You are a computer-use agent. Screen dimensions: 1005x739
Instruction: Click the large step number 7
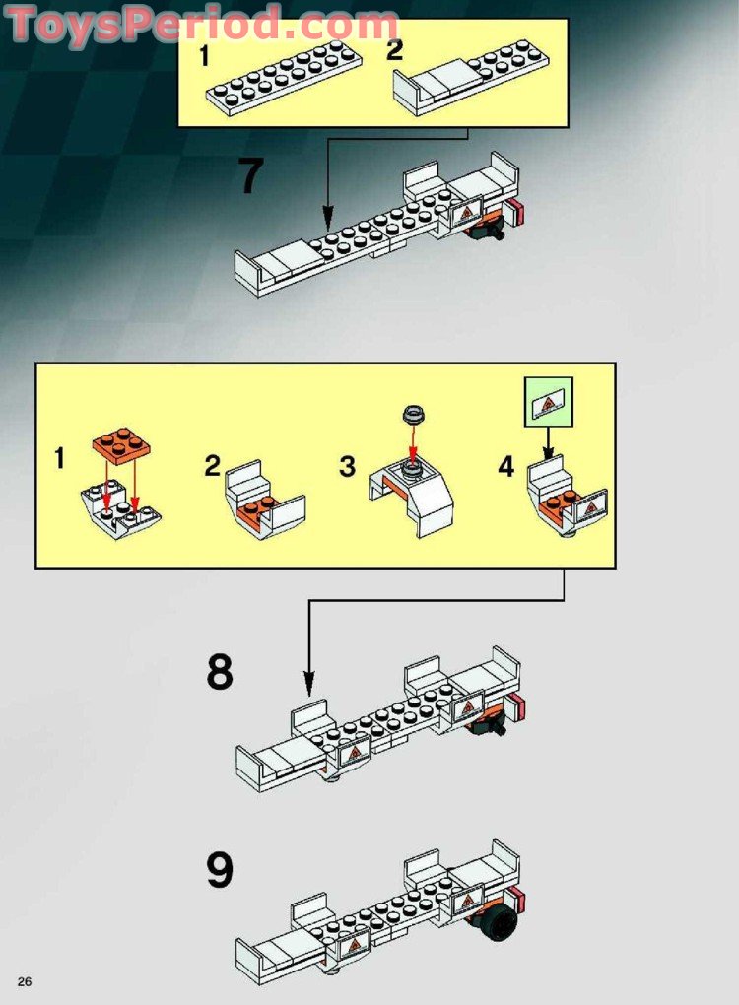[251, 177]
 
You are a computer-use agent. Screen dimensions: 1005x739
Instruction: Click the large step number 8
[221, 672]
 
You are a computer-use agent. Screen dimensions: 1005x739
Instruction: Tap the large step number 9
[221, 870]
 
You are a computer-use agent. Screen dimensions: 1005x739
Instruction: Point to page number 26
[25, 980]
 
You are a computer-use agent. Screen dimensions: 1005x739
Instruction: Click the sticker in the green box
[548, 404]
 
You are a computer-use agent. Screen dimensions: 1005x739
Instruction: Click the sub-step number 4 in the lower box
[505, 467]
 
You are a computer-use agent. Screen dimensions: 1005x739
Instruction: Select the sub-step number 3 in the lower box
[347, 467]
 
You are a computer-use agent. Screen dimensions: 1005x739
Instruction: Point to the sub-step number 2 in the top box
[394, 51]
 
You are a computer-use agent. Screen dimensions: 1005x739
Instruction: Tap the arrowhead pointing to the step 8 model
[309, 683]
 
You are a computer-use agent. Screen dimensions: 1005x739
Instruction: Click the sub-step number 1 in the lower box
[61, 458]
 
